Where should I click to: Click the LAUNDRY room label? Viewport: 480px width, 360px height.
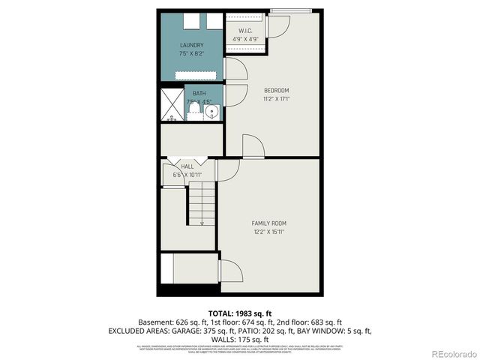[x=192, y=45]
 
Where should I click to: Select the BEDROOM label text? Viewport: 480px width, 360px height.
[x=276, y=90]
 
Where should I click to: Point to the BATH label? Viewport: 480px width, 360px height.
[x=200, y=94]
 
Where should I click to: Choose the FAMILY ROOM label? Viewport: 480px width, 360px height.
[x=268, y=223]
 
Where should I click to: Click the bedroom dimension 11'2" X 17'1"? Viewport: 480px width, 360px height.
[x=276, y=98]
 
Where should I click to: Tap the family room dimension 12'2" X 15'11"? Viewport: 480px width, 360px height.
[x=268, y=232]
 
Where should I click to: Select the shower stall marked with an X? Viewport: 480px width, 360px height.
[x=172, y=106]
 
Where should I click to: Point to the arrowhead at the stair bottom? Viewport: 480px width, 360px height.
[x=201, y=223]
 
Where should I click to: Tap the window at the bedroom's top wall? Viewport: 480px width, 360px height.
[x=300, y=10]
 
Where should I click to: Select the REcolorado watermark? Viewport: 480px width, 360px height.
[x=448, y=352]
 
